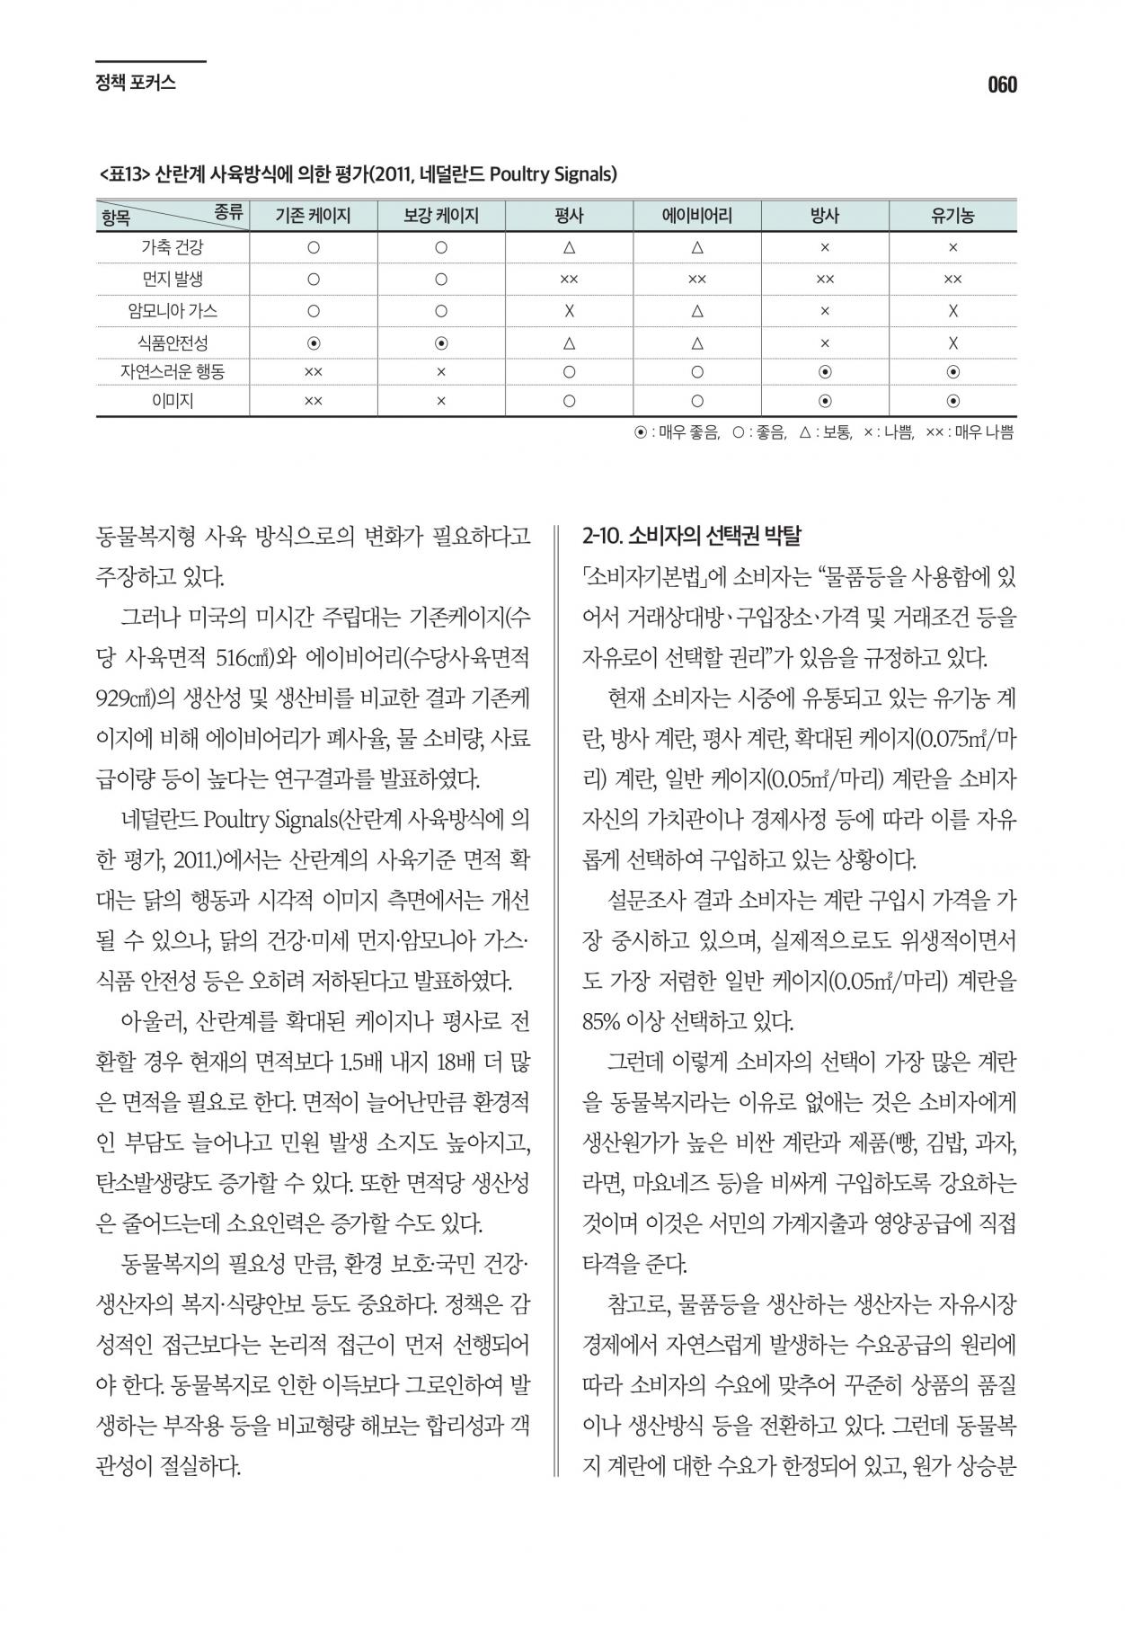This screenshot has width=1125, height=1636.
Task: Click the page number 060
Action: point(1002,85)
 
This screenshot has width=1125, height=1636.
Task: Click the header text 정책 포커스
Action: point(135,84)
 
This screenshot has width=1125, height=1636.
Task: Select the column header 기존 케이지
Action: point(313,216)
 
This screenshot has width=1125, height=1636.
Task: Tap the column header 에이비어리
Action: point(696,216)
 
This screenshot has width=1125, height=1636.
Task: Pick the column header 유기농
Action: point(952,216)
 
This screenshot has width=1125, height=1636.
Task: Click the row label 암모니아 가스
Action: point(173,311)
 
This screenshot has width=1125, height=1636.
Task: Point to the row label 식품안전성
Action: point(173,342)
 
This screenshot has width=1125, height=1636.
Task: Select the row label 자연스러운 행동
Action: point(173,371)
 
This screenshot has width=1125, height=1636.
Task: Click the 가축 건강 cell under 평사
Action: point(569,246)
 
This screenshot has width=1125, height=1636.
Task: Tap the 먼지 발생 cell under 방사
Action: point(824,280)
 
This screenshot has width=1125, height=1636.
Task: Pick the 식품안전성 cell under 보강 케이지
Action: point(440,342)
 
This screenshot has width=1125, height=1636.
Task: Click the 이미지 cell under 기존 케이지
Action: point(313,401)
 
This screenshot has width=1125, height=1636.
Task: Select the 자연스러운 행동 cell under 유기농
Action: point(952,371)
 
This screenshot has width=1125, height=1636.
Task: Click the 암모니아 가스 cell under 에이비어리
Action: point(696,312)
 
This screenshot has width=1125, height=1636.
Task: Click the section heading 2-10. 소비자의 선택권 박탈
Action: point(691,537)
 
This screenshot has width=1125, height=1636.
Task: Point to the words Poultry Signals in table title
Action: point(552,173)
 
